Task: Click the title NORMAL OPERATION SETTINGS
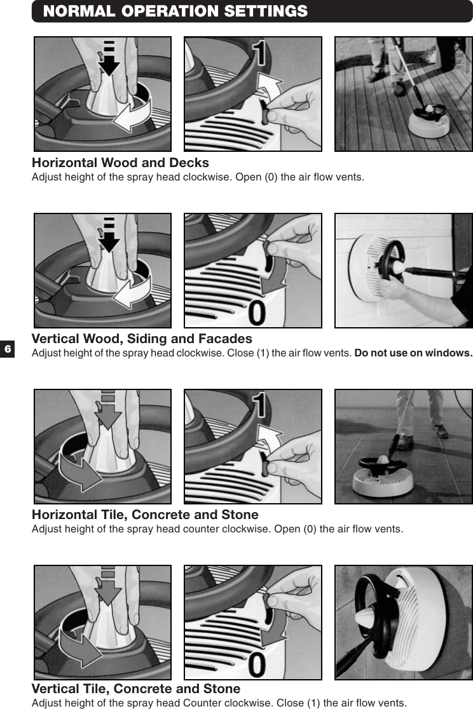pyautogui.click(x=175, y=11)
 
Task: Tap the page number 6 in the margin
pyautogui.click(x=8, y=349)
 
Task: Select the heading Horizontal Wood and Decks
pyautogui.click(x=120, y=163)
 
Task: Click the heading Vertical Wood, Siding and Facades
pyautogui.click(x=142, y=339)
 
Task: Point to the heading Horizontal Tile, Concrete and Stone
pyautogui.click(x=145, y=515)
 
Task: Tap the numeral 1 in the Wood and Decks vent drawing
pyautogui.click(x=259, y=54)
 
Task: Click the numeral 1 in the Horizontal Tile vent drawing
pyautogui.click(x=259, y=407)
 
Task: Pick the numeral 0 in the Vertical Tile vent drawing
pyautogui.click(x=257, y=665)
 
